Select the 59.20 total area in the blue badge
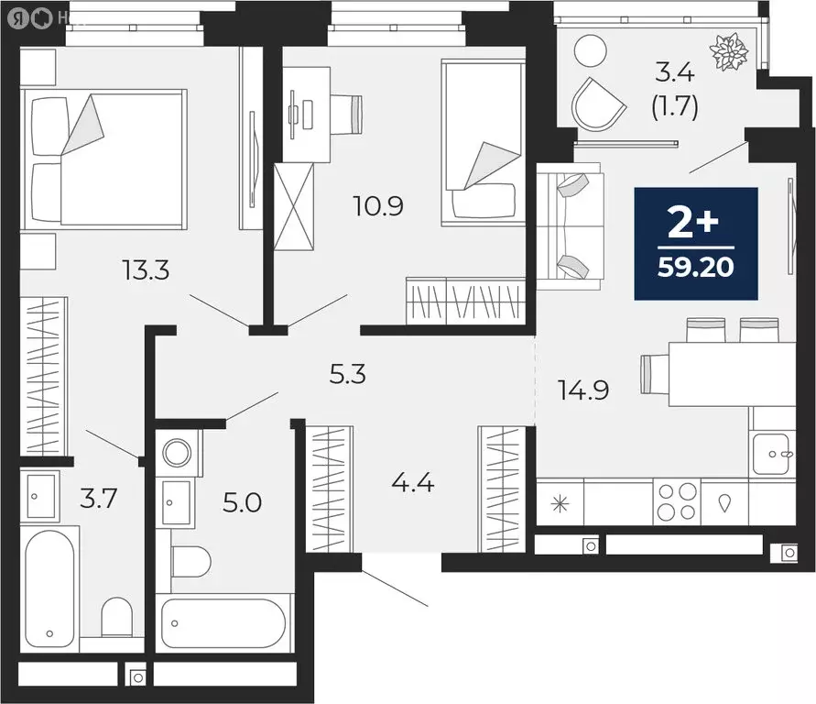[x=696, y=269]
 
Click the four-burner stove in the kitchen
[x=677, y=502]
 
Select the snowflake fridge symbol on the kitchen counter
[x=558, y=503]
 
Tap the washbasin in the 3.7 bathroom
[x=40, y=496]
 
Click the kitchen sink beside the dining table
[x=773, y=453]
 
